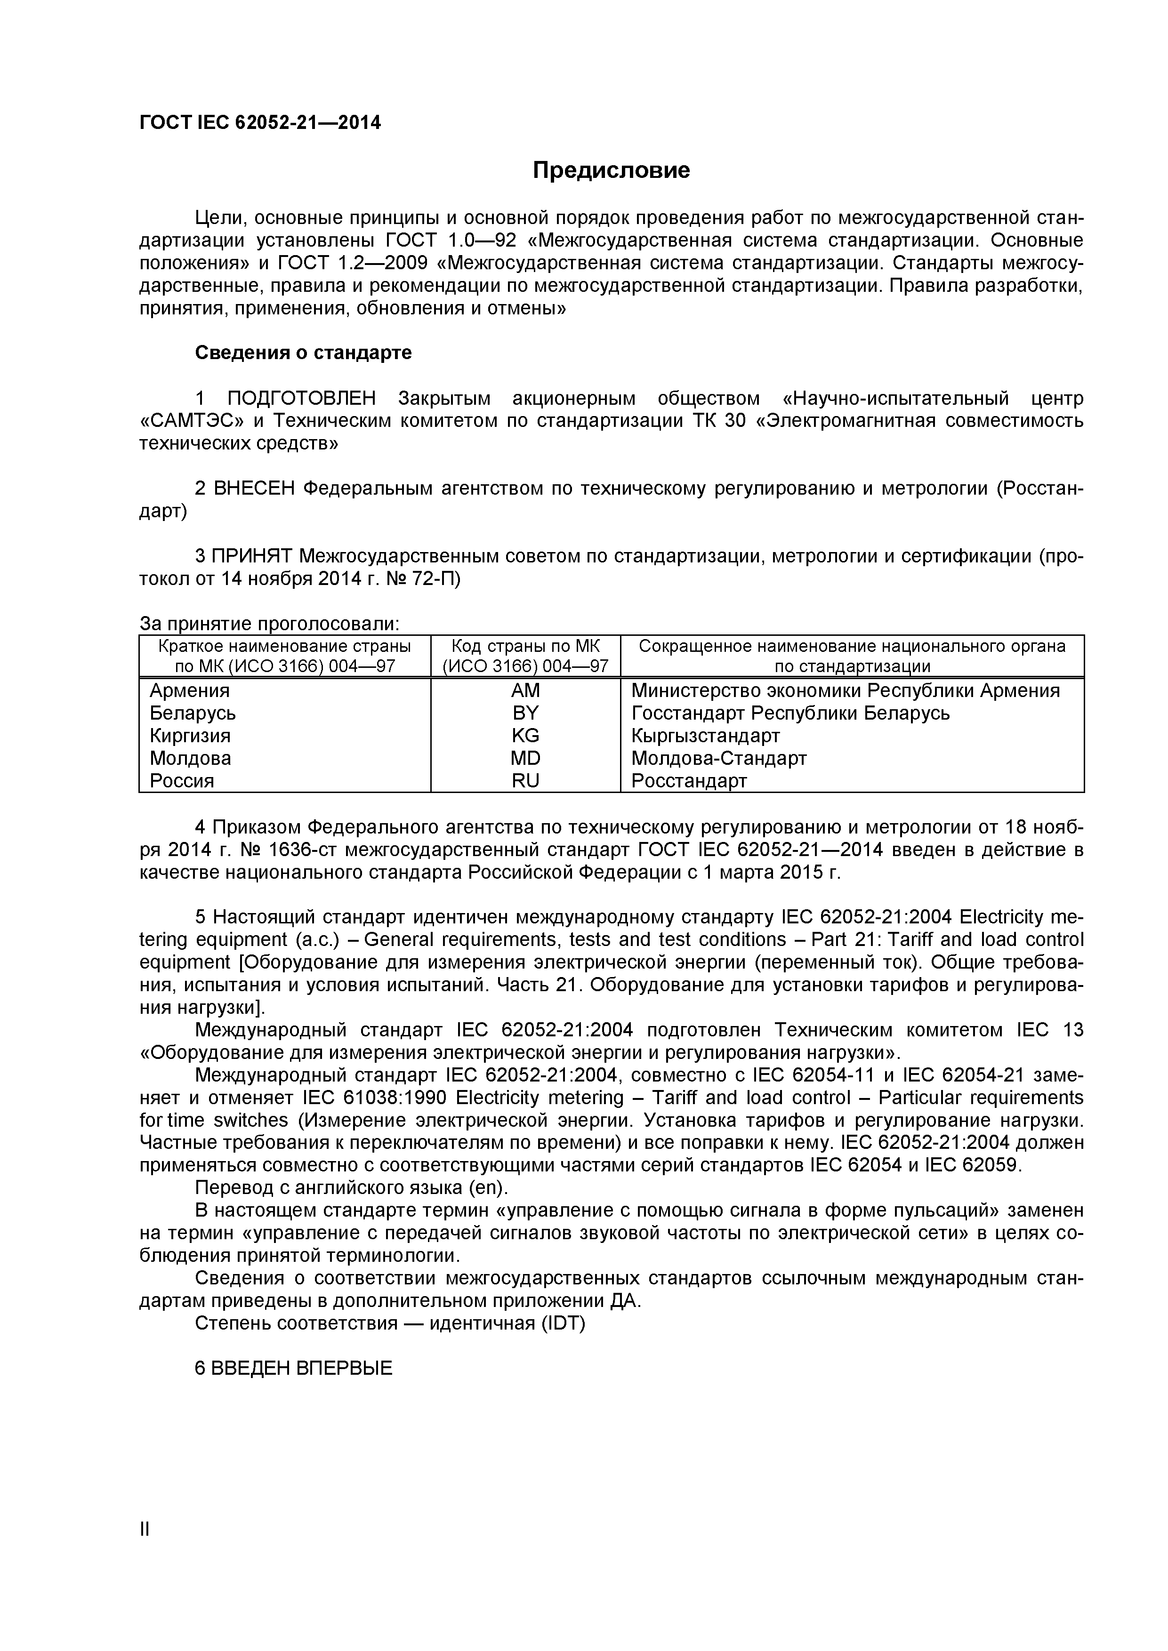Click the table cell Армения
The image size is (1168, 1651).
(x=189, y=691)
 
